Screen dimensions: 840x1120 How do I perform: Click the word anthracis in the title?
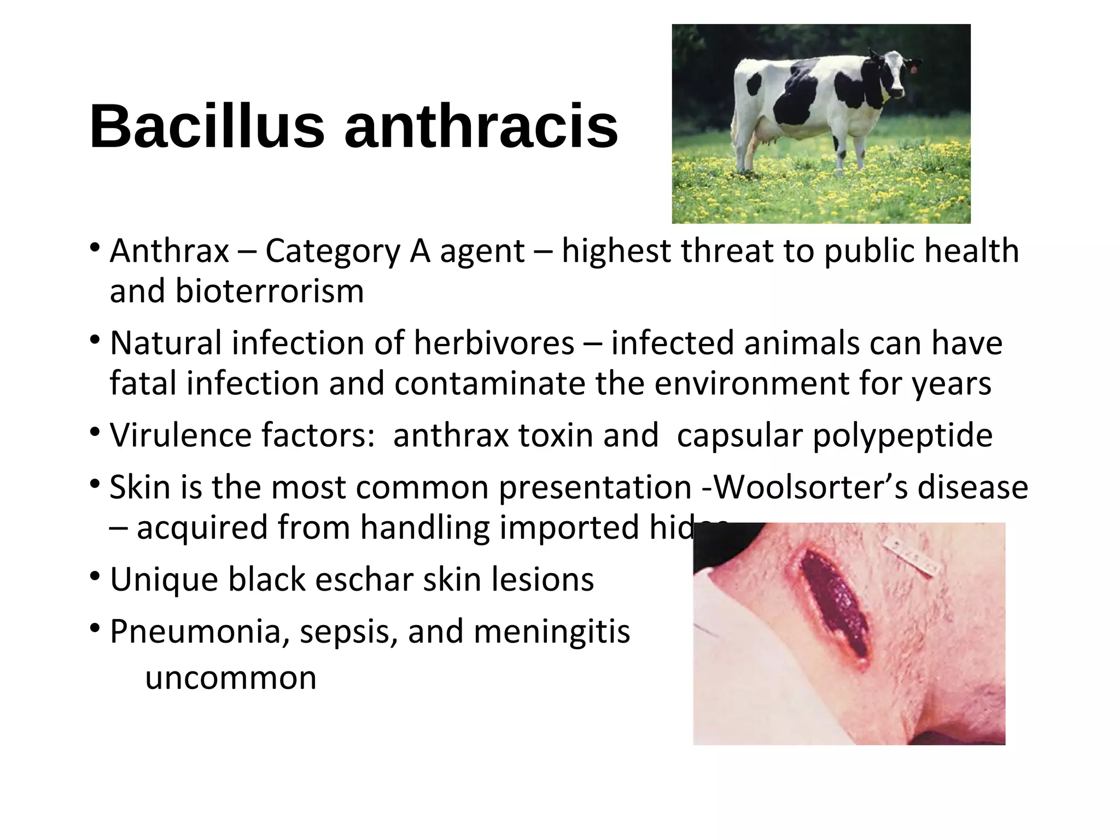click(x=481, y=127)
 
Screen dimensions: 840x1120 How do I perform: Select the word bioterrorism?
click(x=236, y=291)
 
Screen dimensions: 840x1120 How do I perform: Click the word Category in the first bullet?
click(x=333, y=252)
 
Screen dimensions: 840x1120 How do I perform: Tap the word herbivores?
click(x=494, y=343)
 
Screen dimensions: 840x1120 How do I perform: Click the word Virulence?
click(x=180, y=435)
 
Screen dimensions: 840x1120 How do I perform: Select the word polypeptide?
click(x=902, y=435)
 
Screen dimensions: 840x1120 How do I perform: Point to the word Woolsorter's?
click(x=811, y=487)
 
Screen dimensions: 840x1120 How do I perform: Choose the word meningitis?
click(x=552, y=632)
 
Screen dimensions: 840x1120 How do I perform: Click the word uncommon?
click(x=231, y=678)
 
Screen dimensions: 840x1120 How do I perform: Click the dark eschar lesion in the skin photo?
click(x=834, y=604)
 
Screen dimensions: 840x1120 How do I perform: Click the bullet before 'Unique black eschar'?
click(x=95, y=576)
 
